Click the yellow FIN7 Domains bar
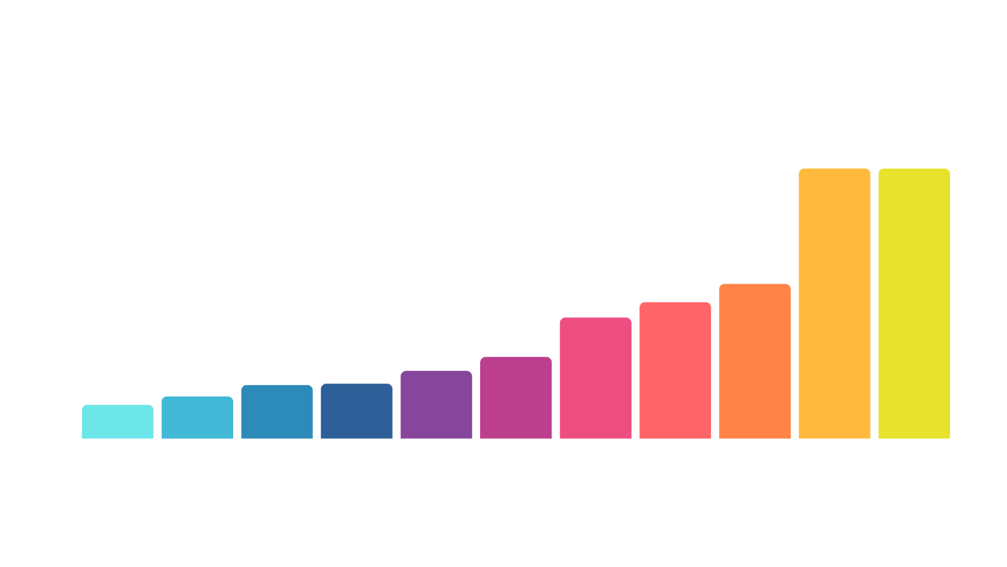(x=914, y=303)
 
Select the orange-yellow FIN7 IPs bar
(x=834, y=303)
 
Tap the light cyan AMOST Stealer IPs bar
(x=120, y=421)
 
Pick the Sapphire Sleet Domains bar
(x=197, y=417)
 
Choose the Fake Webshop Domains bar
(x=277, y=412)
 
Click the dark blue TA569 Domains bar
(x=357, y=410)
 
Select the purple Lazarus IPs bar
(x=436, y=404)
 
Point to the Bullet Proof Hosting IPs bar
(x=516, y=397)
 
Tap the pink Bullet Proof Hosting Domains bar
(x=595, y=377)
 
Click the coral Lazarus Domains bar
(x=675, y=370)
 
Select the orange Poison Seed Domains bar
(x=755, y=361)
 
